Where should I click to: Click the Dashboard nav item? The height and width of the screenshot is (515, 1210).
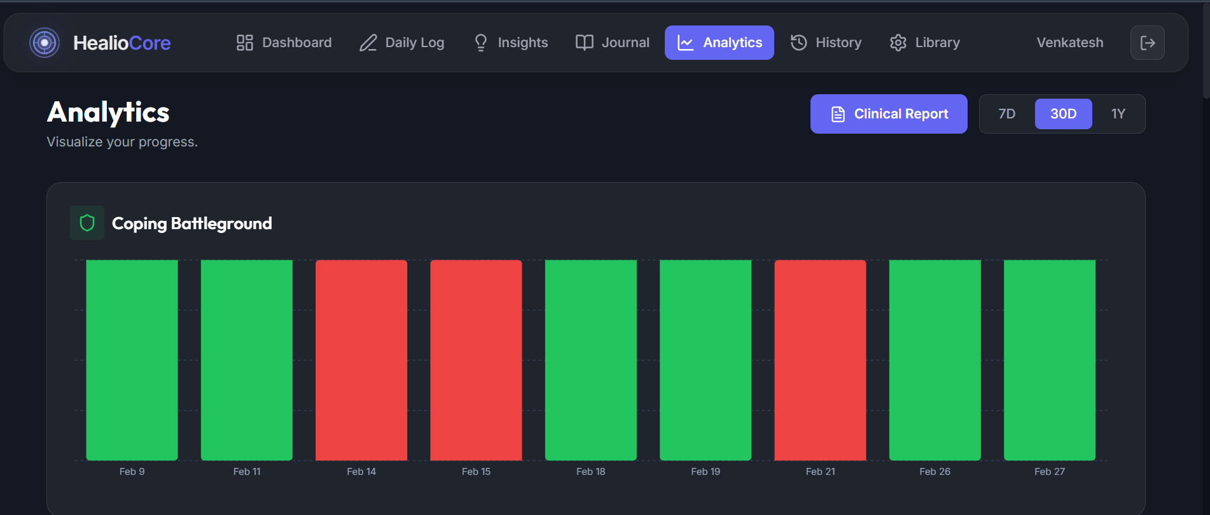[284, 43]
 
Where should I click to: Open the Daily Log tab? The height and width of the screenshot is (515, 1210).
[402, 43]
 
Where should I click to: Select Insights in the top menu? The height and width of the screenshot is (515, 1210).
[511, 43]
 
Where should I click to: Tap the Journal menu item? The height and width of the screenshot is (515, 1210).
[613, 43]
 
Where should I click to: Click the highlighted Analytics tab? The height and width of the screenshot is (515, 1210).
[720, 43]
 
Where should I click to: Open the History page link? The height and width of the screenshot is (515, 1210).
[826, 43]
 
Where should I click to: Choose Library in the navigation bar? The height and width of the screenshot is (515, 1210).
[925, 43]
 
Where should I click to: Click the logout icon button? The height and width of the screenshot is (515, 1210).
[1147, 43]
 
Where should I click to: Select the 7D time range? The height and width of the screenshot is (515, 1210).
[1007, 114]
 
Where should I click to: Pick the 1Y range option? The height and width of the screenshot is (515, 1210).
[1118, 114]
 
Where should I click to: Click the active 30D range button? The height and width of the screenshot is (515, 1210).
[1063, 114]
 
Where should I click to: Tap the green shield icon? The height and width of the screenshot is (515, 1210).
[87, 223]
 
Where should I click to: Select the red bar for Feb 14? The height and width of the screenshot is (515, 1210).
[361, 360]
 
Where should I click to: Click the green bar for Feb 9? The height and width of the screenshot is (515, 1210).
[132, 360]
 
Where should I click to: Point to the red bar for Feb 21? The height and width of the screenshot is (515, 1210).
[820, 360]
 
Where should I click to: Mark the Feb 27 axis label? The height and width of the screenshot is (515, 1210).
[1049, 472]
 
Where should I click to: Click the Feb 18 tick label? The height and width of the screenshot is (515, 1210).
[590, 472]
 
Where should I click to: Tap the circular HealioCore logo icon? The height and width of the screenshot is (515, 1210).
[45, 43]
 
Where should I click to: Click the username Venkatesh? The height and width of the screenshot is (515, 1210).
[1070, 43]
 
